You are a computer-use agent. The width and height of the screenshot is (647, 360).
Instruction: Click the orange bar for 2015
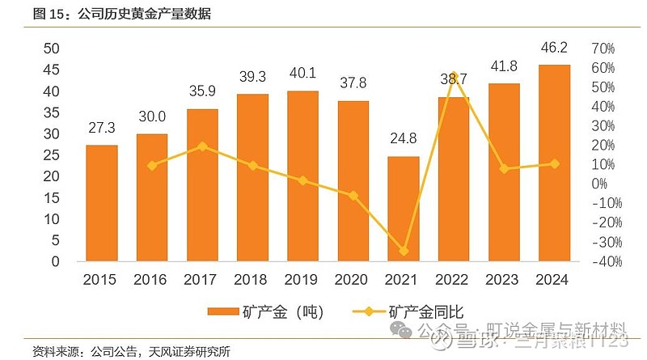102,203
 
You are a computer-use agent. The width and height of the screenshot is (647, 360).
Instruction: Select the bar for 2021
403,209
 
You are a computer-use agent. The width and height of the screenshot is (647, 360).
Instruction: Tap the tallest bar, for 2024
553,163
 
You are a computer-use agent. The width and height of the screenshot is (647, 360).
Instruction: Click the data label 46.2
553,49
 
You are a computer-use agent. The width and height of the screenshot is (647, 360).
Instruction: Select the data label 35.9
202,92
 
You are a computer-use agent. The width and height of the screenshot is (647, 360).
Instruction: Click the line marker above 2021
403,252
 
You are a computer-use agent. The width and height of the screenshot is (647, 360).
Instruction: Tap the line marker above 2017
202,146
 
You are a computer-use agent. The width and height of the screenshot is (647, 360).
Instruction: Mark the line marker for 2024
553,163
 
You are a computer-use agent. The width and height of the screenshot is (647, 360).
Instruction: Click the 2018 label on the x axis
252,280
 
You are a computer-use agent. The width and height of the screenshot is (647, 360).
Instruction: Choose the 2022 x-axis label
453,280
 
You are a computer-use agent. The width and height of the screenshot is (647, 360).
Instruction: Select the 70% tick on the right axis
604,49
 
